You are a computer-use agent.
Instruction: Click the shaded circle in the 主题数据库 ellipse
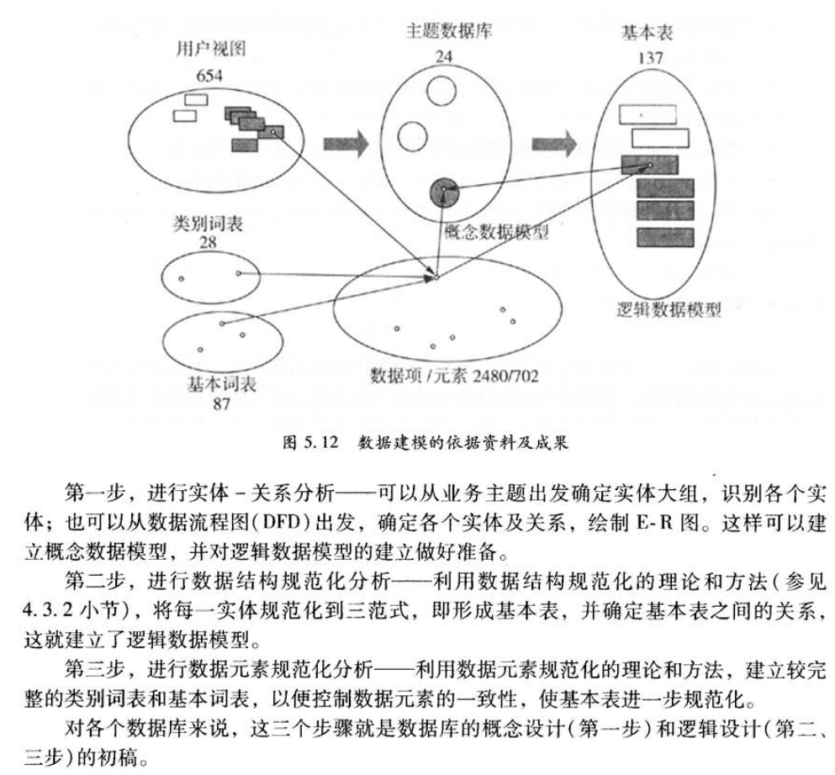point(444,194)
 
